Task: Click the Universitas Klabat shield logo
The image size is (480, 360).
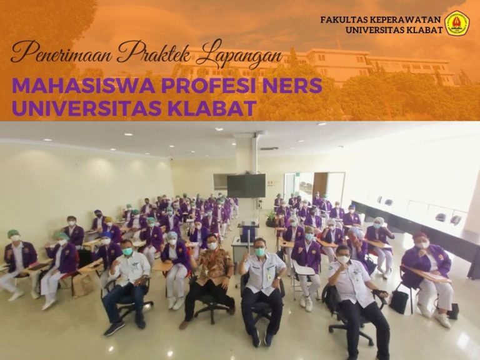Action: (x=456, y=23)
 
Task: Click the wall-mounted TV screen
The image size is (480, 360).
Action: (x=246, y=186)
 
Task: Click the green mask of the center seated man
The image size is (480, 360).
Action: (x=260, y=252)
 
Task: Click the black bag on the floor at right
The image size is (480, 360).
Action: (x=398, y=301)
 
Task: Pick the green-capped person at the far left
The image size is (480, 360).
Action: (x=17, y=262)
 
